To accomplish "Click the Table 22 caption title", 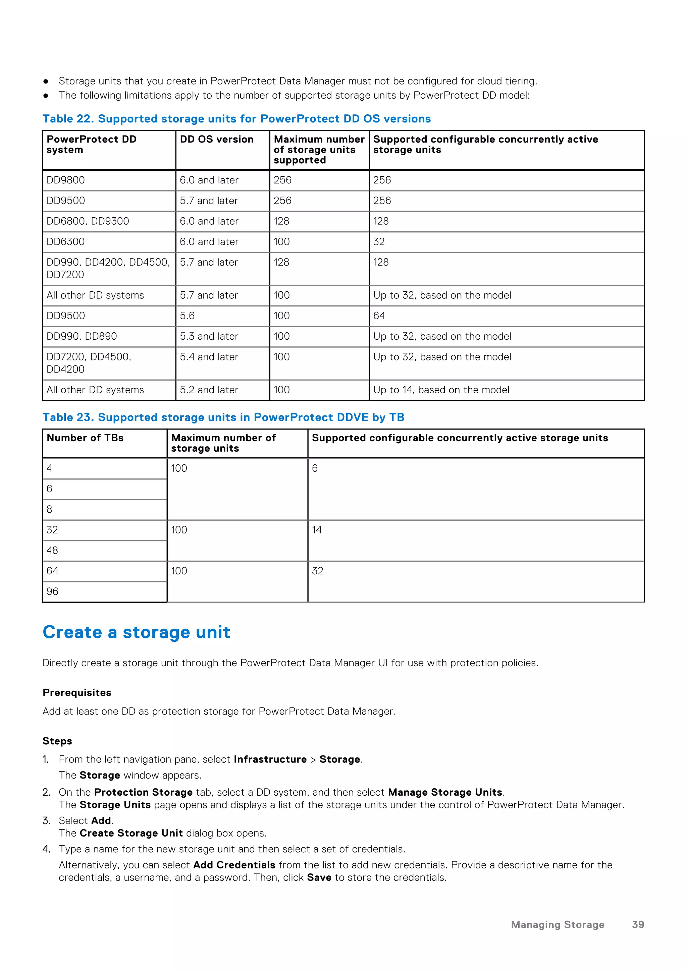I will coord(236,119).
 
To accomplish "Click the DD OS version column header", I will coord(217,139).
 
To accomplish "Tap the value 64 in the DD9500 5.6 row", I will coord(379,316).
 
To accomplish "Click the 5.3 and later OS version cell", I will coord(209,337).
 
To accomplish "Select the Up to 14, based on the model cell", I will coord(441,390).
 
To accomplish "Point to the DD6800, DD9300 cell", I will coord(88,221).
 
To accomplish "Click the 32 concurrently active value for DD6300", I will coord(379,242).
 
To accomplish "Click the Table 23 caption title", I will coord(223,417).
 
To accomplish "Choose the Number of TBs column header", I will coord(85,438).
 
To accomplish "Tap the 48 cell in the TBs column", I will coord(52,551).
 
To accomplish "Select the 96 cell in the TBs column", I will coord(52,592).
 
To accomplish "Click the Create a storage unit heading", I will coord(136,632).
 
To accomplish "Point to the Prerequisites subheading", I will coord(77,693).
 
